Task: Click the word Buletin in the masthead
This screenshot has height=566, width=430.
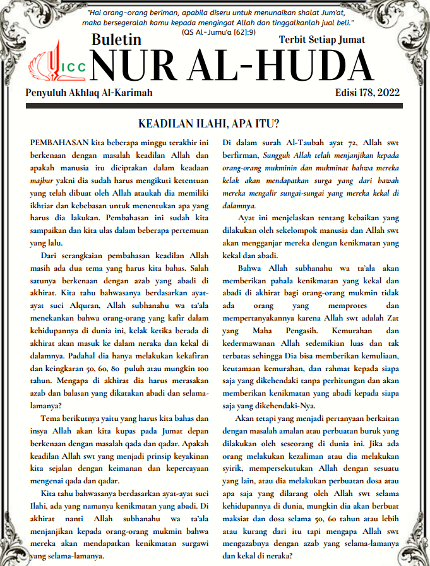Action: tap(116, 40)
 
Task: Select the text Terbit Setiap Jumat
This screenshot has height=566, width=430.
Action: tap(321, 40)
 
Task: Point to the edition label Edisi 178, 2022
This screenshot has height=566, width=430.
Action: tap(367, 93)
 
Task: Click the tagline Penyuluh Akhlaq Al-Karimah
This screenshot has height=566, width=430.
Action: tap(89, 93)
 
